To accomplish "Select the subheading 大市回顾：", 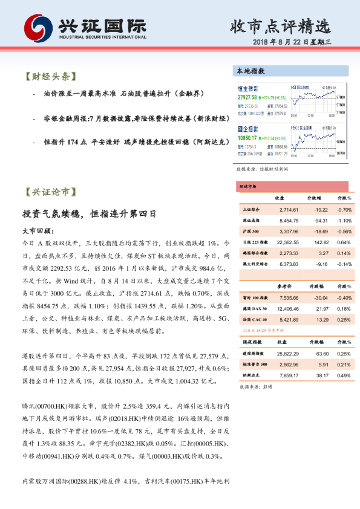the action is coord(38,231).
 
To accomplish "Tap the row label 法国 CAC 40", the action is coord(252,319).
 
